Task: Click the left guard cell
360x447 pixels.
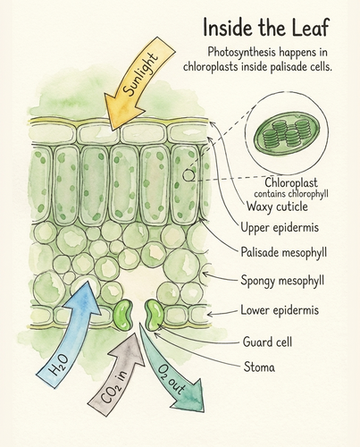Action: [x=122, y=316]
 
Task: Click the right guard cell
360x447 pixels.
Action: [x=155, y=316]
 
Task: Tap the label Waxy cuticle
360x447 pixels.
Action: [x=277, y=207]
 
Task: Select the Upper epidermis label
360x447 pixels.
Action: [x=280, y=228]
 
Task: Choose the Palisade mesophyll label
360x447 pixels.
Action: [x=283, y=253]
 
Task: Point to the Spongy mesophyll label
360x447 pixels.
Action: [x=282, y=281]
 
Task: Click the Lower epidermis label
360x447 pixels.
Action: [x=280, y=310]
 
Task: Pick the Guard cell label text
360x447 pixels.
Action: [x=267, y=342]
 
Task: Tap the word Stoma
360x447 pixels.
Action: [x=259, y=367]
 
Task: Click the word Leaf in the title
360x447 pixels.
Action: [x=310, y=27]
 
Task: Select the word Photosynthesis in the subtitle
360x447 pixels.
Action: [x=241, y=53]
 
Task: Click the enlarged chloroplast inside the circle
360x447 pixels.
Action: [x=287, y=134]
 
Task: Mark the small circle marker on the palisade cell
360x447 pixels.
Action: [x=188, y=175]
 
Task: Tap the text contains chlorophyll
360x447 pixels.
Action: [x=291, y=194]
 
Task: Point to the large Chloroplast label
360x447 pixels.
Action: [x=291, y=182]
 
